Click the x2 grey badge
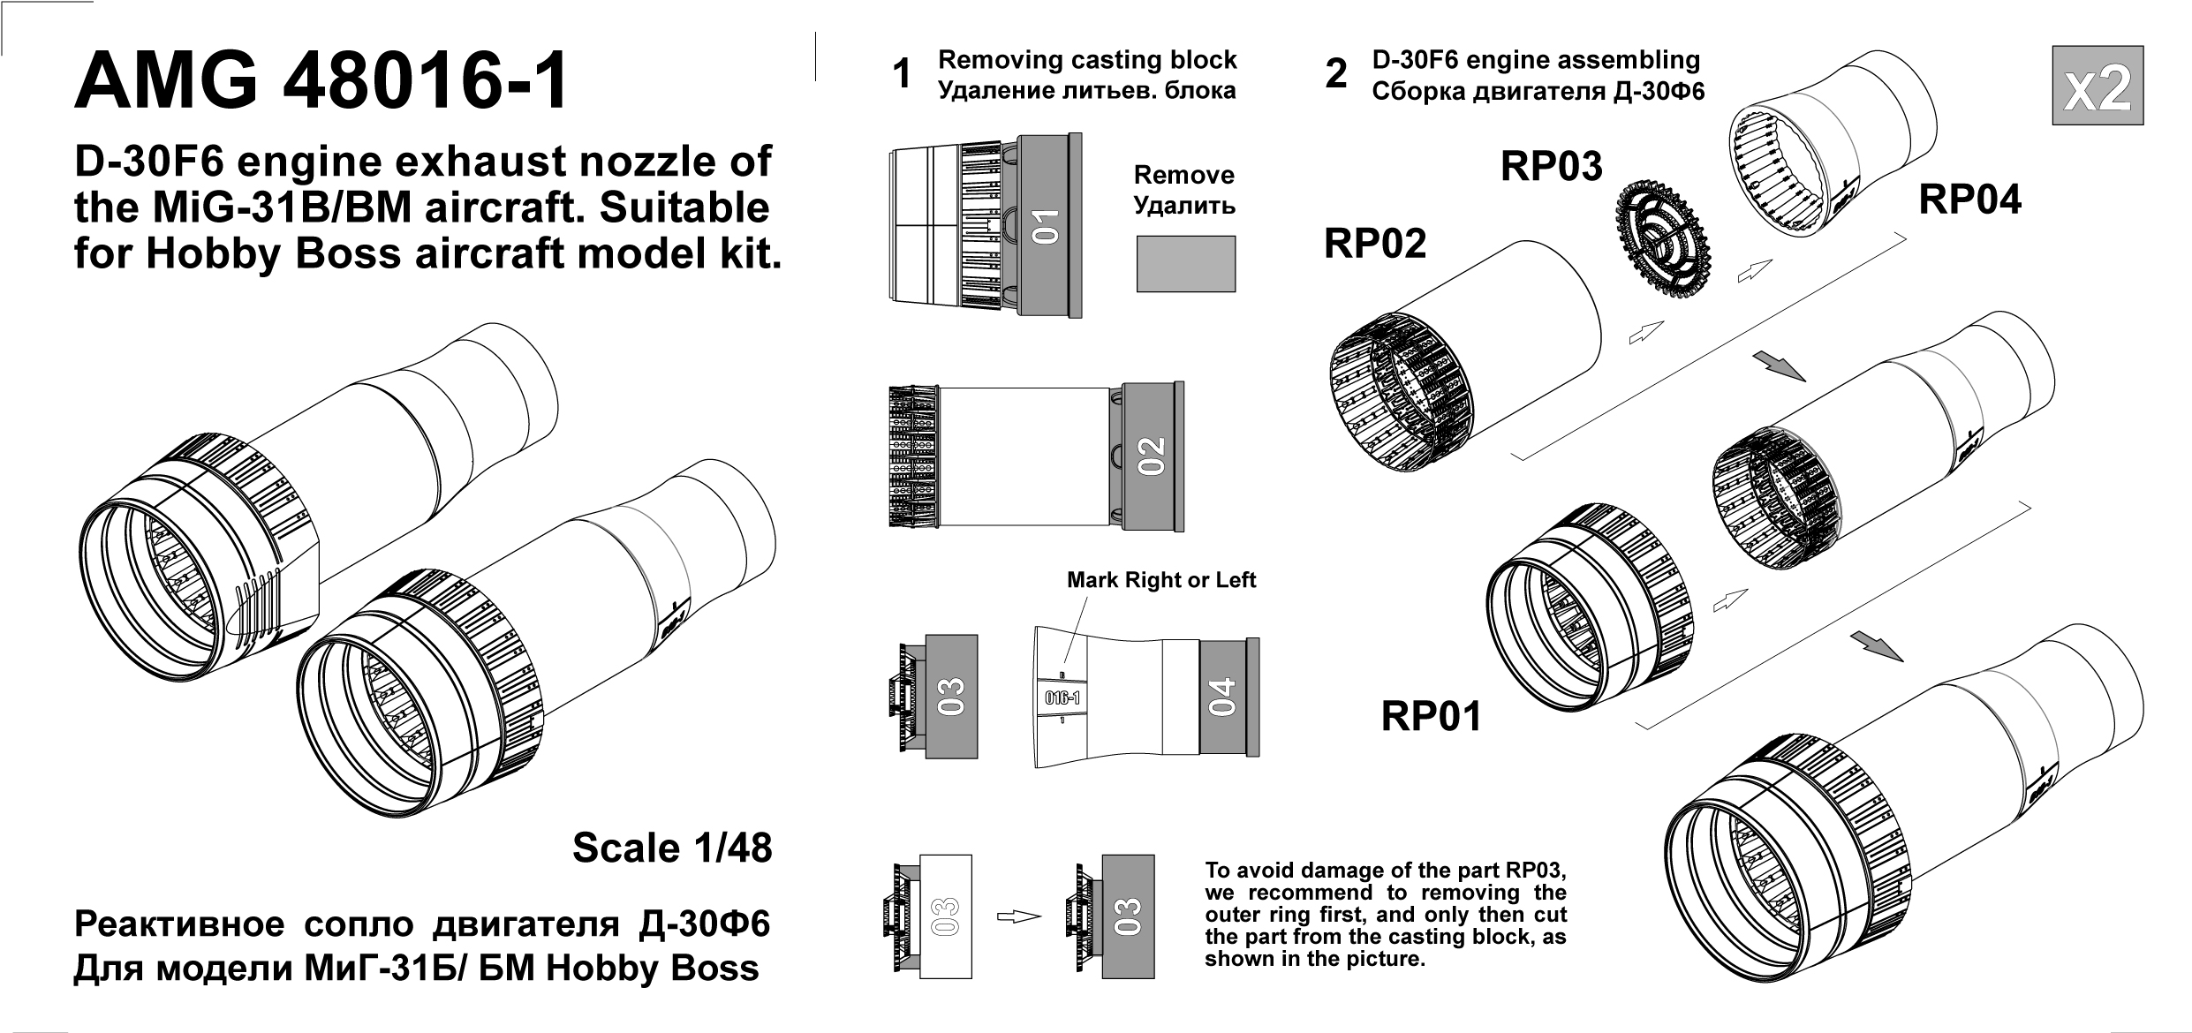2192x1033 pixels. click(2097, 85)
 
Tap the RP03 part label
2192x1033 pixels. click(1551, 167)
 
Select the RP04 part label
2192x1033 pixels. click(1969, 200)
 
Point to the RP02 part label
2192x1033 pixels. click(1375, 244)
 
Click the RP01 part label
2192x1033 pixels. click(1431, 716)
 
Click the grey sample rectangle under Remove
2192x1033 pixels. click(1185, 263)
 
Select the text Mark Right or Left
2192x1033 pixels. click(1160, 580)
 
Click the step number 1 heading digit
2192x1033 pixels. click(901, 74)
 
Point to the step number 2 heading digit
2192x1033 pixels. click(1336, 74)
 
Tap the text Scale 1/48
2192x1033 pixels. click(672, 848)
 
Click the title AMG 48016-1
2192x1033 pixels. click(321, 82)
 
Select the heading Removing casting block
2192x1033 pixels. click(1086, 60)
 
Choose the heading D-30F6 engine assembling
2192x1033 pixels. click(1536, 60)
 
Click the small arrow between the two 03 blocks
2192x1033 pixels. click(1018, 916)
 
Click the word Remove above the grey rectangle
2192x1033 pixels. click(1183, 175)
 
